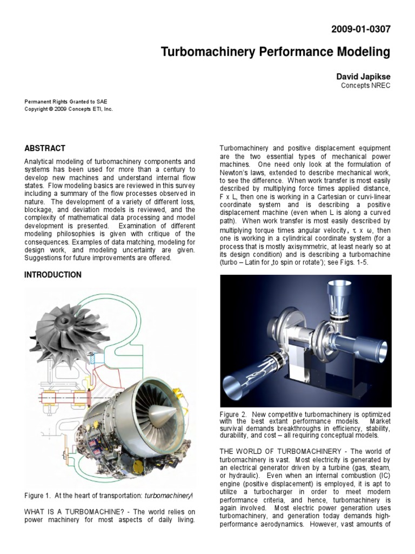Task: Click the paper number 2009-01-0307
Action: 360,29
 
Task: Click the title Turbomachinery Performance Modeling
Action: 276,52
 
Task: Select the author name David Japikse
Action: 363,77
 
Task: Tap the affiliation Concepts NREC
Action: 365,85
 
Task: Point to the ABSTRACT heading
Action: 45,148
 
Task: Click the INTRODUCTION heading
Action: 53,275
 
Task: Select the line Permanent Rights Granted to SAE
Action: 66,101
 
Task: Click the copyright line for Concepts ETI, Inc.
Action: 69,109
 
